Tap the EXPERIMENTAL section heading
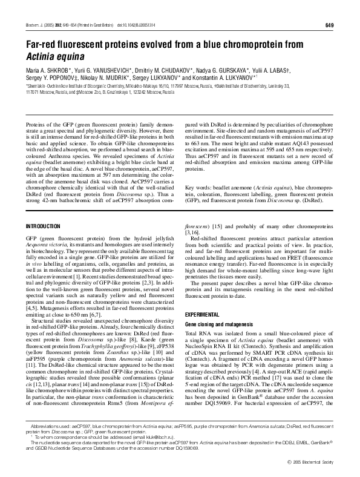coord(201,315)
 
